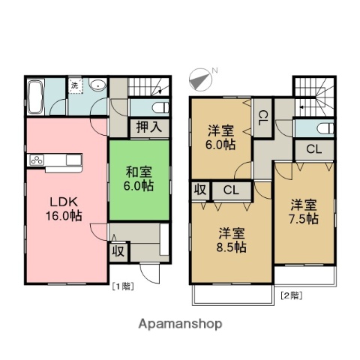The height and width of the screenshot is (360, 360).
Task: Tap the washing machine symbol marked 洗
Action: tap(75, 87)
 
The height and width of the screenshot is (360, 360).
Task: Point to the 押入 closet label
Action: tap(148, 127)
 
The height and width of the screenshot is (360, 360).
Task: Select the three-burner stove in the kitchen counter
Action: tap(37, 160)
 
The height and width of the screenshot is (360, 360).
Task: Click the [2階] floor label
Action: tap(291, 295)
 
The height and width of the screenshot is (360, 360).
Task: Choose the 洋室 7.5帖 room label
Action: tap(304, 210)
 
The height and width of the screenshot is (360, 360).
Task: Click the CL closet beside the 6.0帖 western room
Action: tap(263, 116)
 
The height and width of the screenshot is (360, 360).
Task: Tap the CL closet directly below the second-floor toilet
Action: tap(313, 148)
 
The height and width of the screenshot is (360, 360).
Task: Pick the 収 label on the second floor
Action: tap(199, 190)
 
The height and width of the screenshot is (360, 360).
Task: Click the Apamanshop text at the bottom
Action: tap(179, 324)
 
